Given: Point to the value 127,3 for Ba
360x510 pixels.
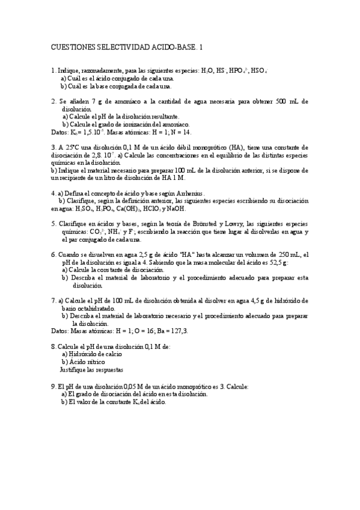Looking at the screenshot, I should click(x=178, y=331).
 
